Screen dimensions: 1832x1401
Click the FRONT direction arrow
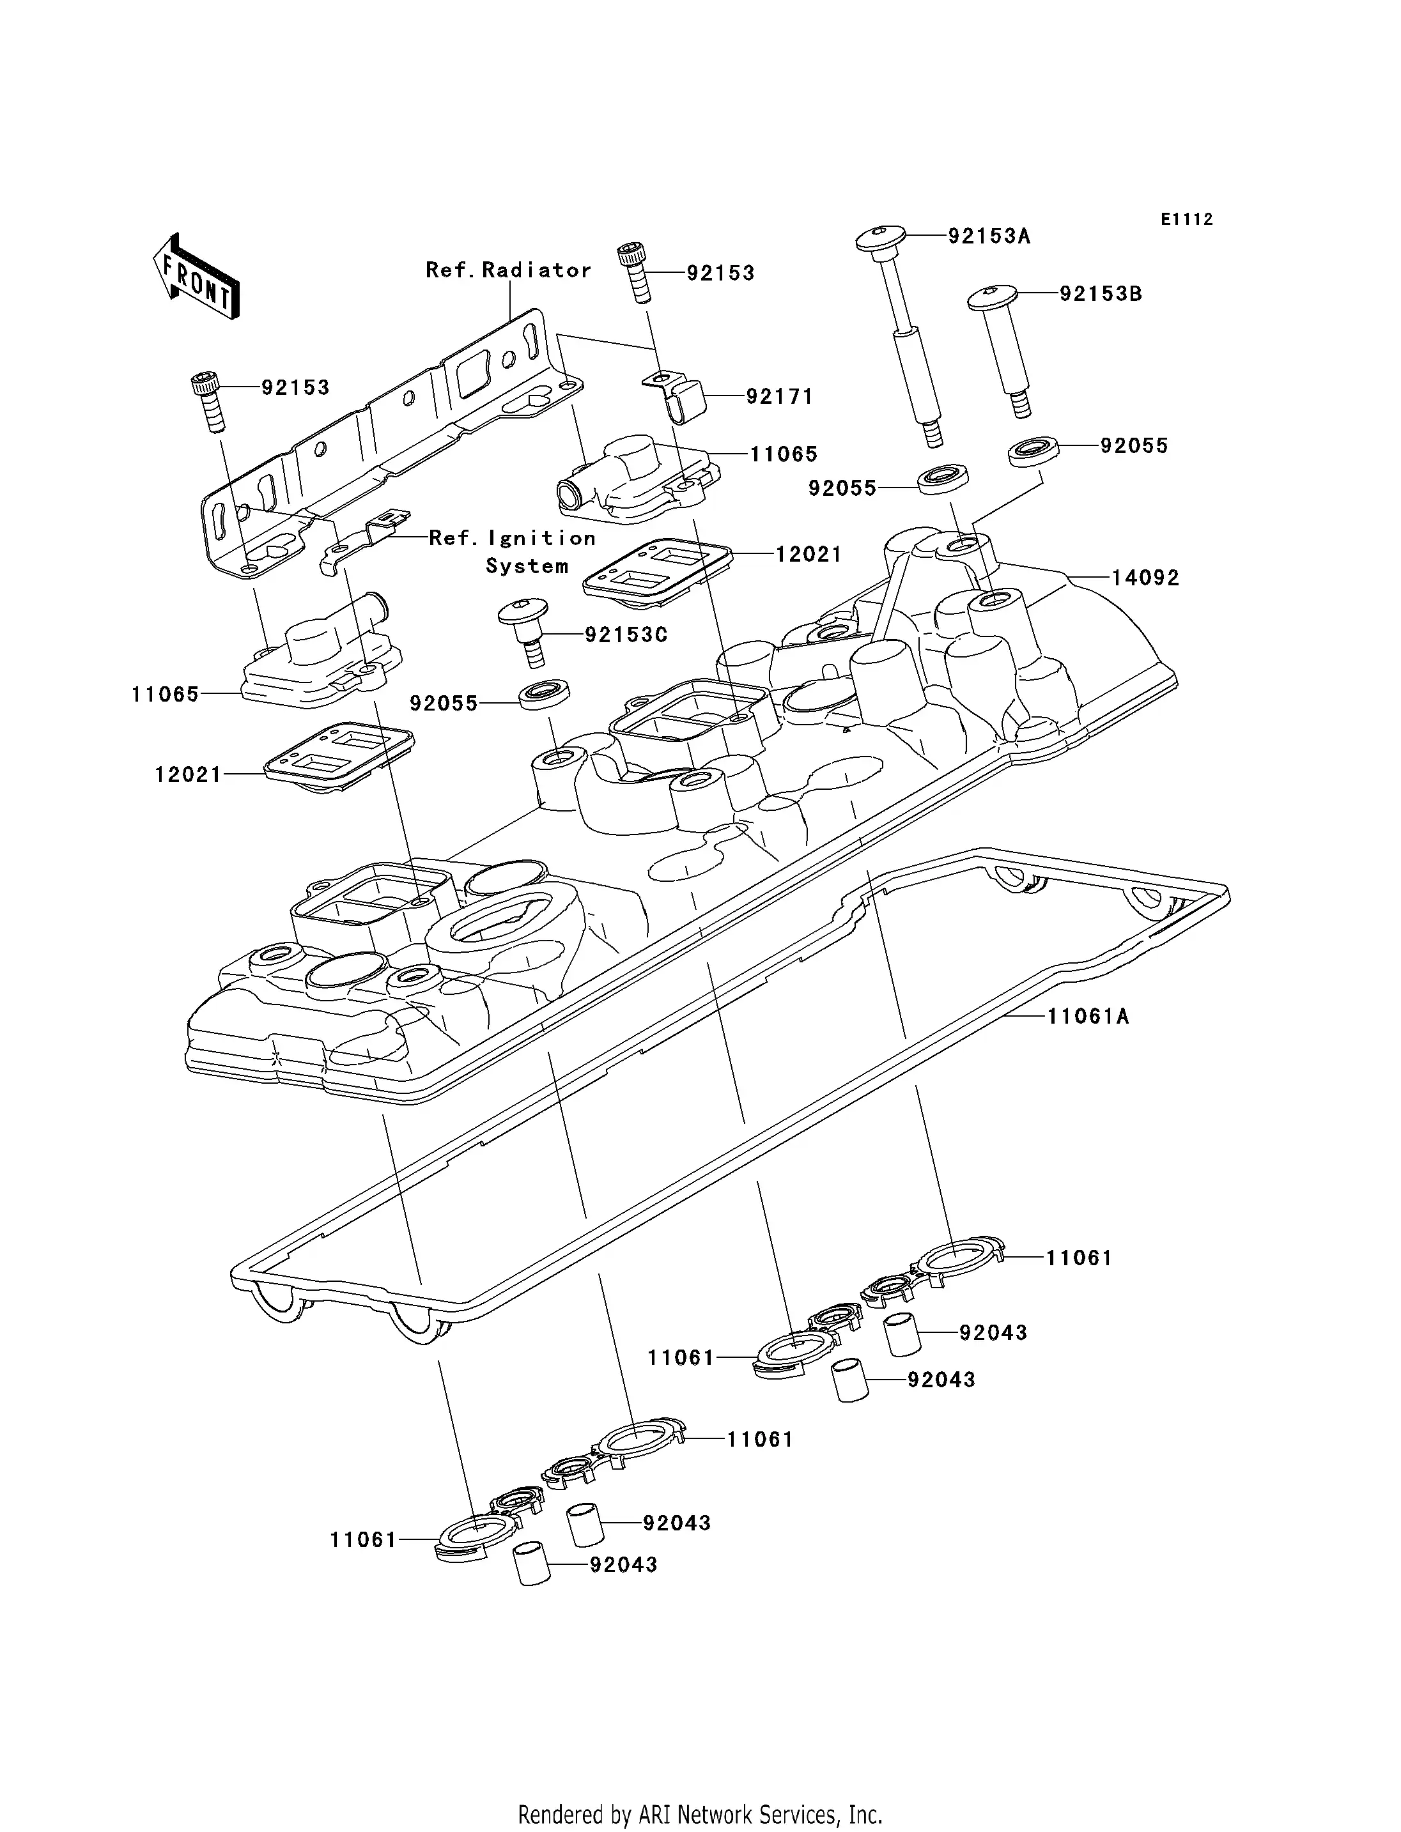pos(197,276)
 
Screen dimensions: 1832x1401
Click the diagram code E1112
pos(1186,219)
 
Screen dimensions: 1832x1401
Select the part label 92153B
pos(1101,295)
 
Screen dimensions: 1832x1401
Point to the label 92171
pos(779,397)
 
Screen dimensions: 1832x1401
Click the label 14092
pos(1145,578)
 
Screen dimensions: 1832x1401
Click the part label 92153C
pos(626,635)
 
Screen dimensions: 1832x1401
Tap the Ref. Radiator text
pos(508,270)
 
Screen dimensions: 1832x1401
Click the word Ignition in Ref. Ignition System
pos(542,539)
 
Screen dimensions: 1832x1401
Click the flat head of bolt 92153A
pos(881,238)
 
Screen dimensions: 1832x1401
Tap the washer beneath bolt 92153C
pos(545,695)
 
